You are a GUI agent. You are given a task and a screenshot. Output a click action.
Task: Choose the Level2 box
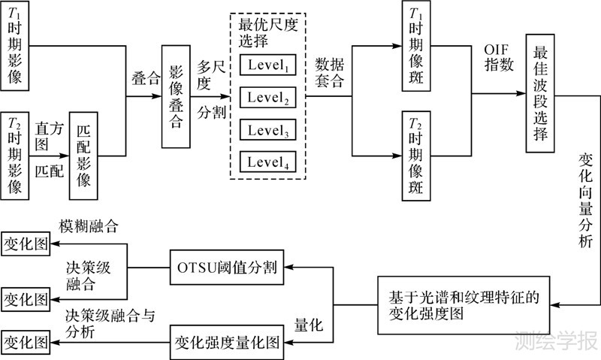[x=268, y=98]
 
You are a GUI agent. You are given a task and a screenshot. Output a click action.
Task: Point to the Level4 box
[x=268, y=161]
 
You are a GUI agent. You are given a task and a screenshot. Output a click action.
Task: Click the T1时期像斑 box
[x=414, y=47]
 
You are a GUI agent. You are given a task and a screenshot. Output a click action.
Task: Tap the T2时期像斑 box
[x=414, y=156]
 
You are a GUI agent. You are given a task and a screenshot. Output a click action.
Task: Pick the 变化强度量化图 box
[x=226, y=340]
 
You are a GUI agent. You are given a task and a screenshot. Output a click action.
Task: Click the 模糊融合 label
[x=90, y=225]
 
